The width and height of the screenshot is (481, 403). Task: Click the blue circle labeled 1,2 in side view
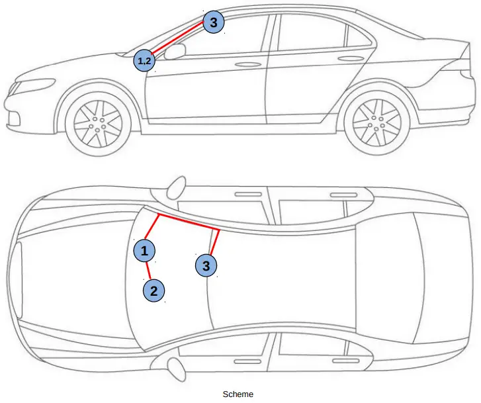coord(144,61)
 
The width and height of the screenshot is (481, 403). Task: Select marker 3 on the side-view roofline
coord(212,22)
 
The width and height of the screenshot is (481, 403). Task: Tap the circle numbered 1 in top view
coord(144,250)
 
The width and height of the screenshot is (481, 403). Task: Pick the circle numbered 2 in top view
coord(153,290)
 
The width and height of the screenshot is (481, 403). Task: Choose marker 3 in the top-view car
coord(206,265)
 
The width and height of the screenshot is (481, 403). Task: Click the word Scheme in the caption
coord(238,394)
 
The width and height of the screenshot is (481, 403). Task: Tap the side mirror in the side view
coord(173,52)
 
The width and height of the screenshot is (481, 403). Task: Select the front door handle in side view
coord(248,65)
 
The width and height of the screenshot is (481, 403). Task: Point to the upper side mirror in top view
coord(176,187)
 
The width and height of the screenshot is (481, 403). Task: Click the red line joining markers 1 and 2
coord(149,270)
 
